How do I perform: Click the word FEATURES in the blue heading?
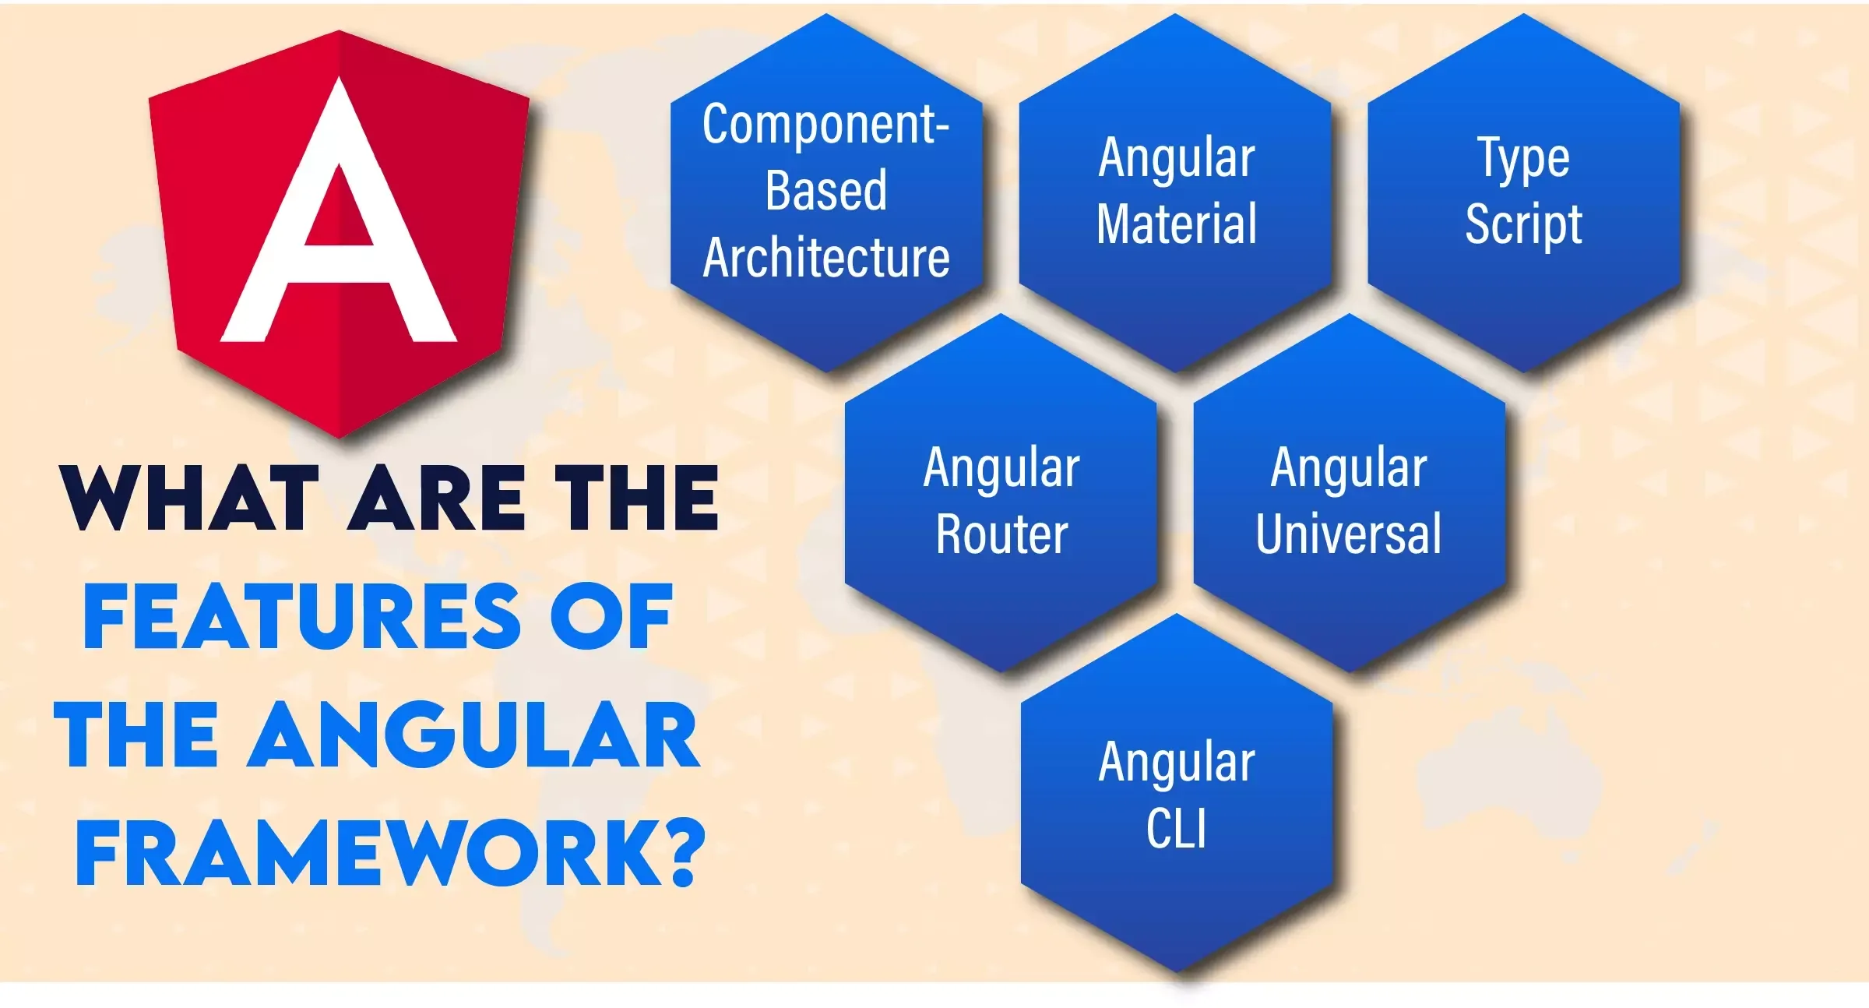pyautogui.click(x=302, y=616)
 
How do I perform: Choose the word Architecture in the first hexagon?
pyautogui.click(x=826, y=258)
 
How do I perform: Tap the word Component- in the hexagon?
pyautogui.click(x=825, y=125)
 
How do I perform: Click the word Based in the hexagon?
pyautogui.click(x=826, y=190)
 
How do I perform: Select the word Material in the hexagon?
pyautogui.click(x=1177, y=224)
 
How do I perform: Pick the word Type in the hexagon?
pyautogui.click(x=1524, y=159)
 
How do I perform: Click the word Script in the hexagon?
pyautogui.click(x=1524, y=224)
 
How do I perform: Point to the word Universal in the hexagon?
pyautogui.click(x=1349, y=534)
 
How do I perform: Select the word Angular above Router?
pyautogui.click(x=1002, y=469)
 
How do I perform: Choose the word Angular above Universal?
pyautogui.click(x=1350, y=469)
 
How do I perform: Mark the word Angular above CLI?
pyautogui.click(x=1177, y=763)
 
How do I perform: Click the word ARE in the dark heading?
pyautogui.click(x=437, y=499)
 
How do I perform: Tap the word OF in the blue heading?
pyautogui.click(x=611, y=616)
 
